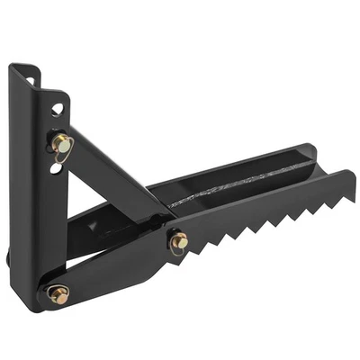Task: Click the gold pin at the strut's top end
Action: click(61, 142)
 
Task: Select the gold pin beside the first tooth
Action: click(178, 241)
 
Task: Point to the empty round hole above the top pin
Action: click(57, 109)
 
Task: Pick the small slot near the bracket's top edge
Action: click(33, 79)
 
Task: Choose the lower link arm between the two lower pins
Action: click(117, 268)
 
